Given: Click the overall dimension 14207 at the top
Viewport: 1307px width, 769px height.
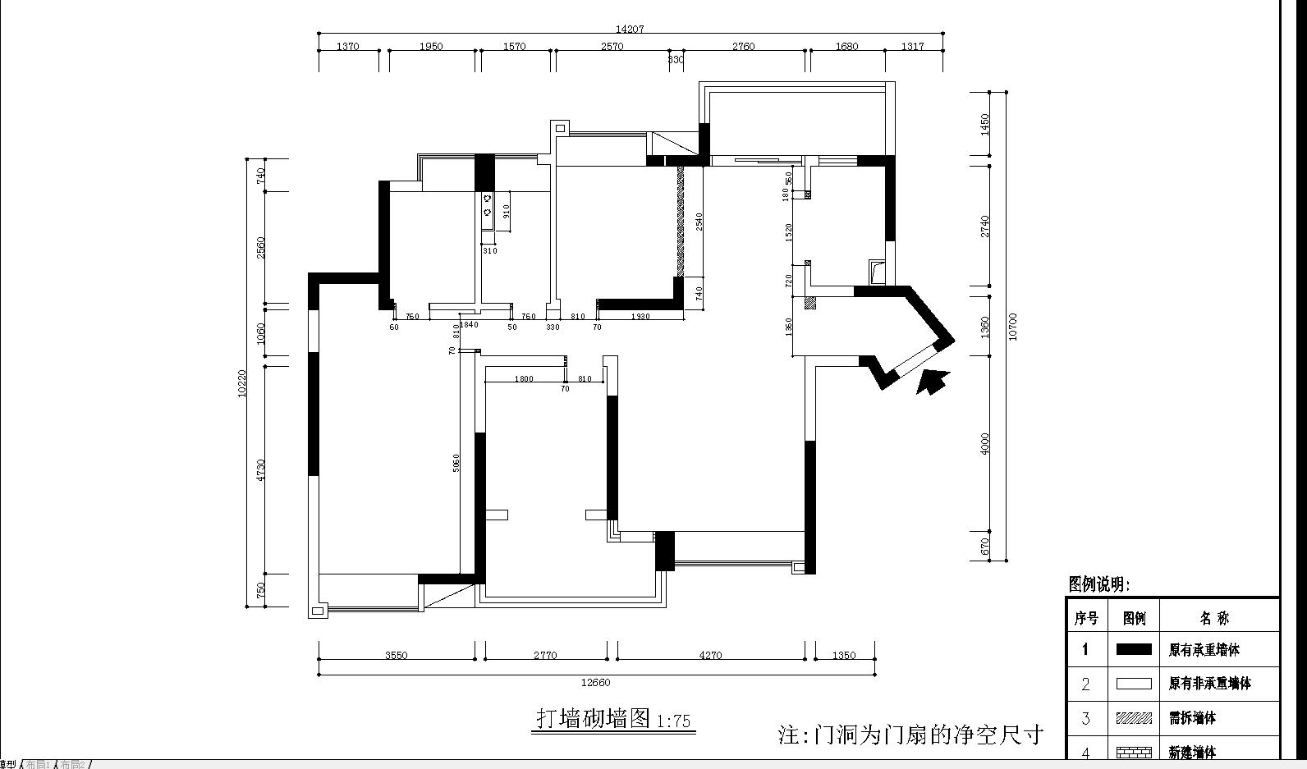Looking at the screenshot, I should pyautogui.click(x=630, y=29).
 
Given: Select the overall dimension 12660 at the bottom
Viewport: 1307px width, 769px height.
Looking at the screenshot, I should pyautogui.click(x=595, y=682).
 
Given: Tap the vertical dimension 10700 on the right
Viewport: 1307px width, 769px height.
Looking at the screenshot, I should pyautogui.click(x=1012, y=327).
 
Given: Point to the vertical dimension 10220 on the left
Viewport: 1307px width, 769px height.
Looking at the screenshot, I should pyautogui.click(x=241, y=383).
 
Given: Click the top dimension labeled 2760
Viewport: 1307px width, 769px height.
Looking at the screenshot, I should pyautogui.click(x=743, y=47).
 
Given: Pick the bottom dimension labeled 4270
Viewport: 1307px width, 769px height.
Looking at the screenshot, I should pyautogui.click(x=710, y=655).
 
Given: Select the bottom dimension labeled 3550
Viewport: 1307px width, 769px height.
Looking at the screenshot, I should pyautogui.click(x=396, y=655).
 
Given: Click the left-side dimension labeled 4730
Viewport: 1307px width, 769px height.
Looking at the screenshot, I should pyautogui.click(x=260, y=469).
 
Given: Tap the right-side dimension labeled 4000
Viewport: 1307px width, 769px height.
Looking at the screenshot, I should pyautogui.click(x=985, y=443).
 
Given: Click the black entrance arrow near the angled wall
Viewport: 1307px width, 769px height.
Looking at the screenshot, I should pyautogui.click(x=932, y=382).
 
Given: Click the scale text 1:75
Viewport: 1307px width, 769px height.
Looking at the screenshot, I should pyautogui.click(x=674, y=722).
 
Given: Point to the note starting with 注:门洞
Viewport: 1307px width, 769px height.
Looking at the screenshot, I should pyautogui.click(x=910, y=734).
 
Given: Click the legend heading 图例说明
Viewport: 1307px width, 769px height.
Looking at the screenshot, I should pyautogui.click(x=1098, y=584).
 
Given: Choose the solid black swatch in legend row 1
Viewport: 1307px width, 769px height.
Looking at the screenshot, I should pyautogui.click(x=1134, y=649).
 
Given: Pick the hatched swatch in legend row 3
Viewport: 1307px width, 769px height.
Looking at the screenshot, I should pyautogui.click(x=1134, y=718).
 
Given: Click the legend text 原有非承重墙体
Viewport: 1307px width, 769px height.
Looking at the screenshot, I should pyautogui.click(x=1209, y=684).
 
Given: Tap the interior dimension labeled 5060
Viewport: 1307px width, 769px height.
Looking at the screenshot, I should pyautogui.click(x=456, y=462).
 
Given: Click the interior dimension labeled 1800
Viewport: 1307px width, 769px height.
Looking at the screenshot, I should pyautogui.click(x=524, y=378).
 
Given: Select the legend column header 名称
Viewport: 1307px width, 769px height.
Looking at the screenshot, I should pyautogui.click(x=1214, y=618).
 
